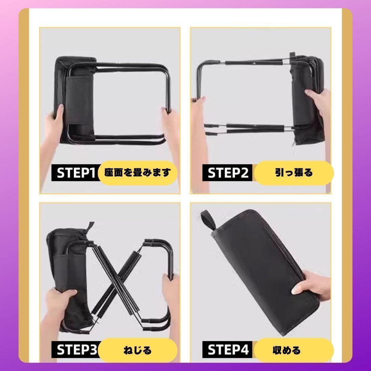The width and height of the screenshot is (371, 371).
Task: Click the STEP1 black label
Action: pos(75,173)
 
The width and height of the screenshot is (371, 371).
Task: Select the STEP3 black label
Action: pos(75,349)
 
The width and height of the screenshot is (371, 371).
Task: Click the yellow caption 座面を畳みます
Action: pos(137,173)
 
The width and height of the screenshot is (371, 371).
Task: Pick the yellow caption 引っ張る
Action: pos(294,173)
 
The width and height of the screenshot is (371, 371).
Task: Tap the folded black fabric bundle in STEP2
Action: pos(307,99)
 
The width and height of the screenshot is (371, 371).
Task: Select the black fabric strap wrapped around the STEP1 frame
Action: pos(79,101)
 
